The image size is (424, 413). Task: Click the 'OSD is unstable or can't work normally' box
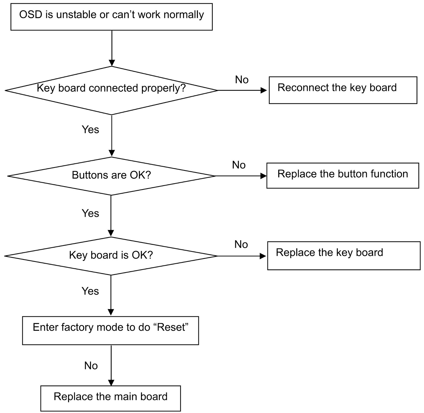(x=112, y=17)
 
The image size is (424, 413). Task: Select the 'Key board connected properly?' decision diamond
(x=112, y=90)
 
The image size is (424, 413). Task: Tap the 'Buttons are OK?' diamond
(x=112, y=176)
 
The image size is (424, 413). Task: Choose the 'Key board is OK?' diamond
(x=111, y=256)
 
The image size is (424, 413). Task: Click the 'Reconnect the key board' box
(x=343, y=90)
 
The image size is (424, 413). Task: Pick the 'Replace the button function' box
(x=343, y=176)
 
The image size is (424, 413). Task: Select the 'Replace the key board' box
(x=344, y=256)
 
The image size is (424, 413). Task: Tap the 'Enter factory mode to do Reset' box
(x=111, y=330)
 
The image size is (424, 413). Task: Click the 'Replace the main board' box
(x=111, y=398)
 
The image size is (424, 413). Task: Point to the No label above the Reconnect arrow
(x=242, y=80)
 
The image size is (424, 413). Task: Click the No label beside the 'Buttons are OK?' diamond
(x=239, y=165)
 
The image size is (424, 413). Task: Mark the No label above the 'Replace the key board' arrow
(x=241, y=245)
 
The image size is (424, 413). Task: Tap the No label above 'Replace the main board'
(x=91, y=366)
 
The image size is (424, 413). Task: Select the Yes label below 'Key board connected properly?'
(x=90, y=130)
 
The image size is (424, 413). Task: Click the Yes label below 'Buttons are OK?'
(x=90, y=214)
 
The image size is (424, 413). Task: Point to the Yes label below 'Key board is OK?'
(x=90, y=291)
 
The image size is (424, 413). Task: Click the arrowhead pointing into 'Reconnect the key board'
(x=264, y=90)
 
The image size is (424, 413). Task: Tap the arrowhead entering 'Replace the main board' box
(x=111, y=383)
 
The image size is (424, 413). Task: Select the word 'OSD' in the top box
(x=31, y=15)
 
